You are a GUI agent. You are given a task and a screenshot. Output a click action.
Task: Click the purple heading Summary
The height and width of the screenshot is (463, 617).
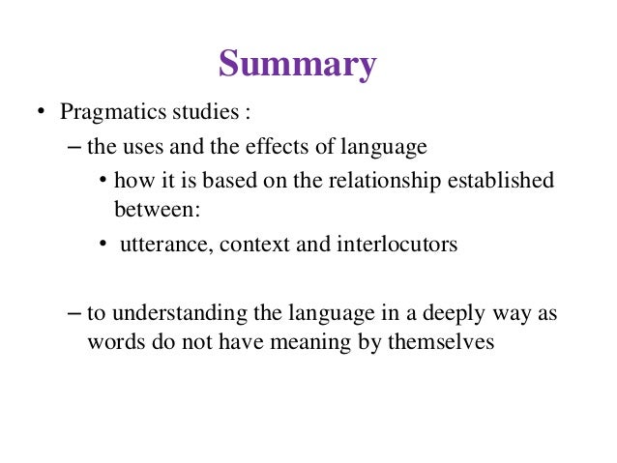[296, 65]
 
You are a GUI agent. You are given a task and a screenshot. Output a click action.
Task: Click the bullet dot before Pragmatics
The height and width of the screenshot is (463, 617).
[42, 114]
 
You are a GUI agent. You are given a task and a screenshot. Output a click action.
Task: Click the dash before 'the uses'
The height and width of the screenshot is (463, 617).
[77, 148]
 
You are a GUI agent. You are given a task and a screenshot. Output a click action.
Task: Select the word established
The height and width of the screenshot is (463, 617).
[511, 181]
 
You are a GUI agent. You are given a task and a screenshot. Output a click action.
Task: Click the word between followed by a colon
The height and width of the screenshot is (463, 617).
[154, 206]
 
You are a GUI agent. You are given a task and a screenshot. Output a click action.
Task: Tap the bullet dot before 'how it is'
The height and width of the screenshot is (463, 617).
[103, 181]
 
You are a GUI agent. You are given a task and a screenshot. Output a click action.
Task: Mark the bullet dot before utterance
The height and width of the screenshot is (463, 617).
[103, 244]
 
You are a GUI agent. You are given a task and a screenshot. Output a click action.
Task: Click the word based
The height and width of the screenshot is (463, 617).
[226, 181]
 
